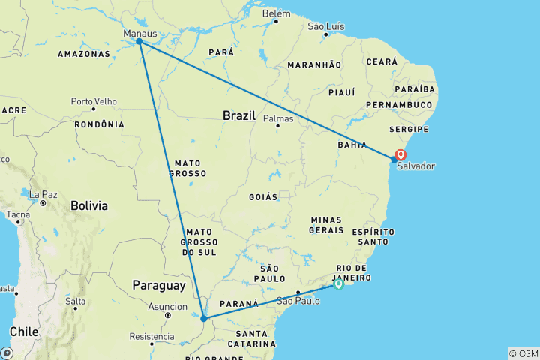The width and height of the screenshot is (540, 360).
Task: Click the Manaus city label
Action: coord(141,34)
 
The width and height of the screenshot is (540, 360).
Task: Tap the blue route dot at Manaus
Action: coord(139,42)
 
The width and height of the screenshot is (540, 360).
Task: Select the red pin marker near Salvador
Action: coord(400,155)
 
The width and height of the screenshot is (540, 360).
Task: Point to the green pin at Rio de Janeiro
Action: coord(339,283)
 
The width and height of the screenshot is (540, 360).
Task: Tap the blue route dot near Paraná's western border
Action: coord(204,319)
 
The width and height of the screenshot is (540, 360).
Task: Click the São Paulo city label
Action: coord(298,301)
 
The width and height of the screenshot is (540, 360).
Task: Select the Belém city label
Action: coord(276,13)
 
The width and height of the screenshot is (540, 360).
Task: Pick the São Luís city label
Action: coord(326,26)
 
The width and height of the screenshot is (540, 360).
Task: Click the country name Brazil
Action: coord(240,115)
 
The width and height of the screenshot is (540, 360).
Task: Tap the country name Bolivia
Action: coord(89,205)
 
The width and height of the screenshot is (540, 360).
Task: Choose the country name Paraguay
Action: coord(158,285)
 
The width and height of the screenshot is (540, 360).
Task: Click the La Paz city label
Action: coord(43,194)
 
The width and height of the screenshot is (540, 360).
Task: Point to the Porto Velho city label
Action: coord(94,100)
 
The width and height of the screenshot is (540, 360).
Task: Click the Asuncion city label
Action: coord(167,306)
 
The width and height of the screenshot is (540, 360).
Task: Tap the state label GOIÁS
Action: coord(263,196)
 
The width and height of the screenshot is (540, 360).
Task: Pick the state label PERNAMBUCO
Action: coord(400,104)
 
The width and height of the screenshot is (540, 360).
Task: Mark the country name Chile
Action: coord(24,331)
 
